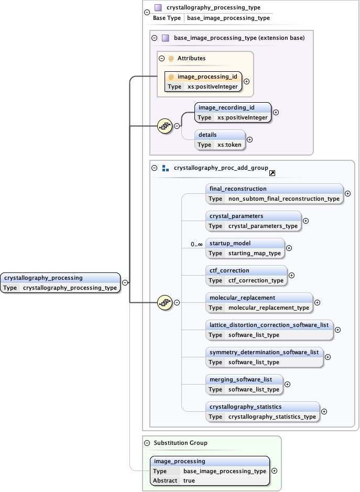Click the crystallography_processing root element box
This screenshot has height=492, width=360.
[60, 282]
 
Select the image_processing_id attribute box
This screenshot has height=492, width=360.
[204, 81]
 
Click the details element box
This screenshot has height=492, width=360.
[220, 139]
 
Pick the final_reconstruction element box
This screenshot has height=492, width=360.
[274, 193]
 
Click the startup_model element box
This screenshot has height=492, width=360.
[245, 248]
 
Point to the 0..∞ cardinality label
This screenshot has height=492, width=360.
[197, 244]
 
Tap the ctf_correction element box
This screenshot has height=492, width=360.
[246, 275]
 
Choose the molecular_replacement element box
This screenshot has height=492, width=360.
[259, 302]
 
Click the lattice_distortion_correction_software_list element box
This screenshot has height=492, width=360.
[269, 330]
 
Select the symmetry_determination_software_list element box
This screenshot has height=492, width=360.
[264, 357]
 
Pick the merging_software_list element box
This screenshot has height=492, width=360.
[244, 384]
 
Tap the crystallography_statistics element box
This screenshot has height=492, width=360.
[262, 411]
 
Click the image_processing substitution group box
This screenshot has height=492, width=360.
[210, 471]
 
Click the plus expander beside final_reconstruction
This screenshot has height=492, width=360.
[347, 193]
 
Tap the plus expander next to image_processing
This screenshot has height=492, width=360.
[275, 471]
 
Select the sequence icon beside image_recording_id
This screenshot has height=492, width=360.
[165, 126]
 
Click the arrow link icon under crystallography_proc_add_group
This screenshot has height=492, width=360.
[272, 173]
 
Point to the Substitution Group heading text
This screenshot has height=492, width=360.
[180, 443]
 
